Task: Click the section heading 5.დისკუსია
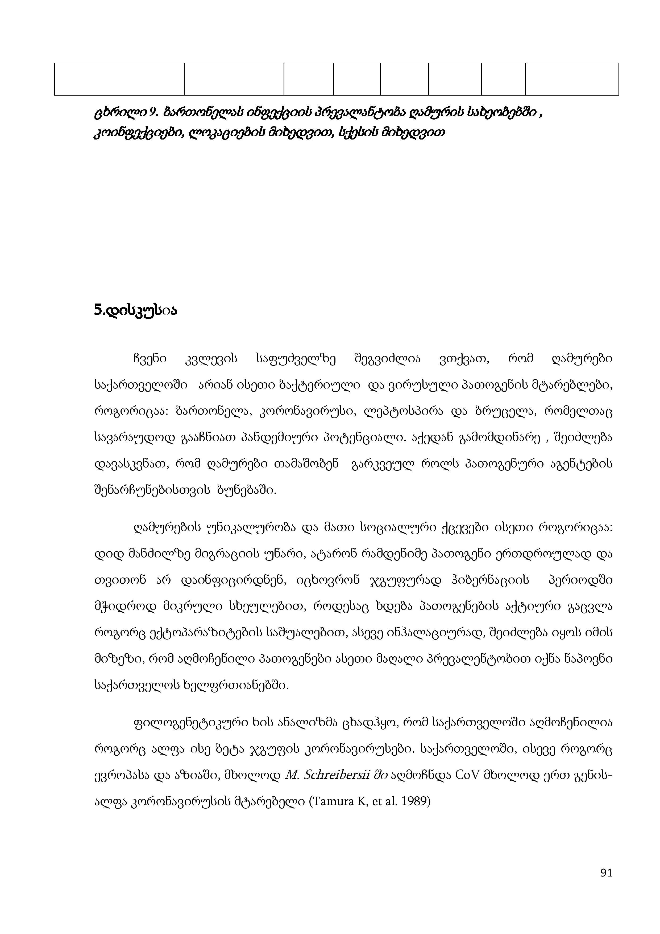[135, 311]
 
